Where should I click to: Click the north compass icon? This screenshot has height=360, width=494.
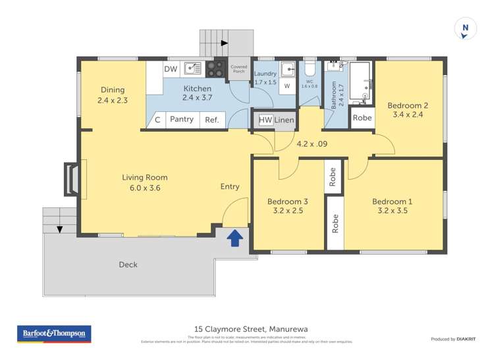[x=465, y=29]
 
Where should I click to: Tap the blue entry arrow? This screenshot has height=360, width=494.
[x=234, y=238]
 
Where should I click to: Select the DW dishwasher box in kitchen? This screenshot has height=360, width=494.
[x=171, y=68]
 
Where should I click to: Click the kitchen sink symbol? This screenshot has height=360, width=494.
[x=193, y=68]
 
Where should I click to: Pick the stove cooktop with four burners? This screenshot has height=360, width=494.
[x=215, y=69]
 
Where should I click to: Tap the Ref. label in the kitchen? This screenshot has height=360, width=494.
[x=212, y=120]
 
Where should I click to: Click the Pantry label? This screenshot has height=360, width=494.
[x=182, y=120]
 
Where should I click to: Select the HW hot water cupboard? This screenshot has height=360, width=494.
[x=265, y=120]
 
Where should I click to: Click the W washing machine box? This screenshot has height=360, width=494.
[x=287, y=86]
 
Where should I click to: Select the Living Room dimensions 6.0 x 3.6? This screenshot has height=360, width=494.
[x=144, y=188]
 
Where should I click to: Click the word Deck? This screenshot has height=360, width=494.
[x=128, y=265]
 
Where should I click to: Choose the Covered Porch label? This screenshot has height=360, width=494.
[x=238, y=69]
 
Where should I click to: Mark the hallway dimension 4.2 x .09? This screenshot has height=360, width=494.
[x=314, y=143]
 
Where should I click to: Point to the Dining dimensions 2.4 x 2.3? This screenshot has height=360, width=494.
[x=113, y=101]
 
